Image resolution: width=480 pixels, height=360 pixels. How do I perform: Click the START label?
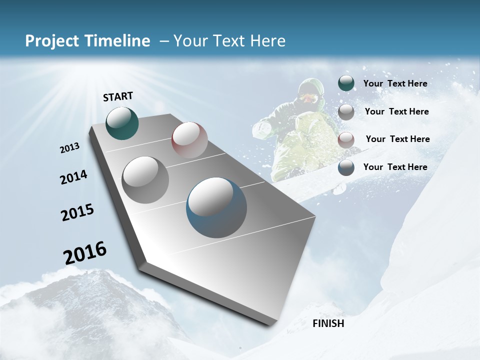tap(118, 96)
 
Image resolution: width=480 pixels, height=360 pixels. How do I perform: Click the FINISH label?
tap(328, 323)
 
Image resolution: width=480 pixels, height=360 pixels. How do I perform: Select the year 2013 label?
tap(70, 148)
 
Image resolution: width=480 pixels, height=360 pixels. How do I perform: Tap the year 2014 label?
tap(74, 177)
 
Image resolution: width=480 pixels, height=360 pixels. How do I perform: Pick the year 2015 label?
tap(77, 212)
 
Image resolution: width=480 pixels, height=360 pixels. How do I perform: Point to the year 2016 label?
tap(85, 252)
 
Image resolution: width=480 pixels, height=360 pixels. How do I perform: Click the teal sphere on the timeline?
tap(122, 123)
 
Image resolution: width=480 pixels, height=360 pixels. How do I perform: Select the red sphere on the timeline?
tap(189, 140)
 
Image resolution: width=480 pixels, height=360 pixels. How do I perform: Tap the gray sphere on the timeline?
tap(145, 180)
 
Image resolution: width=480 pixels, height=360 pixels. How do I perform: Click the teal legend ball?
tap(346, 83)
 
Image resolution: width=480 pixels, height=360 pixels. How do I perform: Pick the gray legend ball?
tap(346, 112)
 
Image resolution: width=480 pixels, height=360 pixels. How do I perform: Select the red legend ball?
tap(346, 140)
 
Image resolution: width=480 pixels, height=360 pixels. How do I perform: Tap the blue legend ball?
tap(346, 167)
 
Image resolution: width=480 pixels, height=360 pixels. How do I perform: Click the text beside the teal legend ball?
tap(395, 83)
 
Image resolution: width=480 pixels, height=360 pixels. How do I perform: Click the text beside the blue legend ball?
tap(395, 167)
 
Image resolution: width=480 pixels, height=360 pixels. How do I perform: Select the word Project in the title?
tap(52, 41)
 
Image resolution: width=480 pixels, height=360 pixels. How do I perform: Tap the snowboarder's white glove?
tap(262, 129)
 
